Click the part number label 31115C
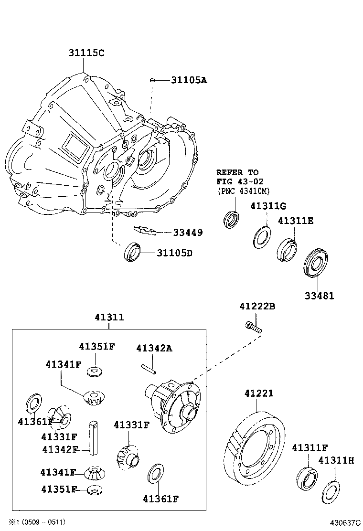pyautogui.click(x=85, y=53)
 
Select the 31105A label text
pyautogui.click(x=189, y=80)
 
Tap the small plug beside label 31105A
pyautogui.click(x=152, y=80)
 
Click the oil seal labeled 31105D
pyautogui.click(x=133, y=252)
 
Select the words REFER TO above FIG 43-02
pyautogui.click(x=237, y=172)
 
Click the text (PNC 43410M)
pyautogui.click(x=243, y=191)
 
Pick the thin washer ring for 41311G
pyautogui.click(x=261, y=236)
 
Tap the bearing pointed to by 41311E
pyautogui.click(x=287, y=249)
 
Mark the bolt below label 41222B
pyautogui.click(x=253, y=327)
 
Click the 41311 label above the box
pyautogui.click(x=109, y=317)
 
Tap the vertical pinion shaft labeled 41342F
pyautogui.click(x=94, y=437)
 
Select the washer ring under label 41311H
pyautogui.click(x=331, y=492)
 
